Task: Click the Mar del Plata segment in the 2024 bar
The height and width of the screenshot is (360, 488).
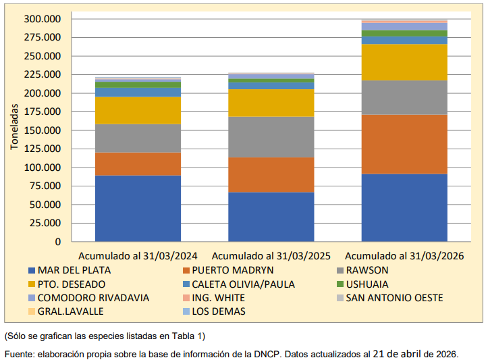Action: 138,208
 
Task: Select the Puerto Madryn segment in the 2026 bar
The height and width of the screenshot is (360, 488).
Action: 404,144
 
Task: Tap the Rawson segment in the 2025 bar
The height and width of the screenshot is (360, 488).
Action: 271,137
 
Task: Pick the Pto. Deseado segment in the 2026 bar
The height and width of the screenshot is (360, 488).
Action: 404,62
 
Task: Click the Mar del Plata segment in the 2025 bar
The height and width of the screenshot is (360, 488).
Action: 271,216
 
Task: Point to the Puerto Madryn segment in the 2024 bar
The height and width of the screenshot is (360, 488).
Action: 138,163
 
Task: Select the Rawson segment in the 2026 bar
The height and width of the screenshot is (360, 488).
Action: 404,97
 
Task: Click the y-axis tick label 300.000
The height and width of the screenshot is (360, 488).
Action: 42,19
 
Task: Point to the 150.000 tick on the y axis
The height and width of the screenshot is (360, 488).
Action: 42,130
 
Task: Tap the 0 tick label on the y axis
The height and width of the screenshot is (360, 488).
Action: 57,242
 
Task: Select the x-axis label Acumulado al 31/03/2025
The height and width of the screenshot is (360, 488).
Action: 271,257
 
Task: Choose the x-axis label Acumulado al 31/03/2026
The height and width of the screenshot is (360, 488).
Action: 404,257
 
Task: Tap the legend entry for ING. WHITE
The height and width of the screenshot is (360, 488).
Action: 218,298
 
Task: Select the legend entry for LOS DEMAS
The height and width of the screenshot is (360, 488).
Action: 219,311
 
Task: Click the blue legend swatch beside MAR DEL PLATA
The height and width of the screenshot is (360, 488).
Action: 32,271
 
